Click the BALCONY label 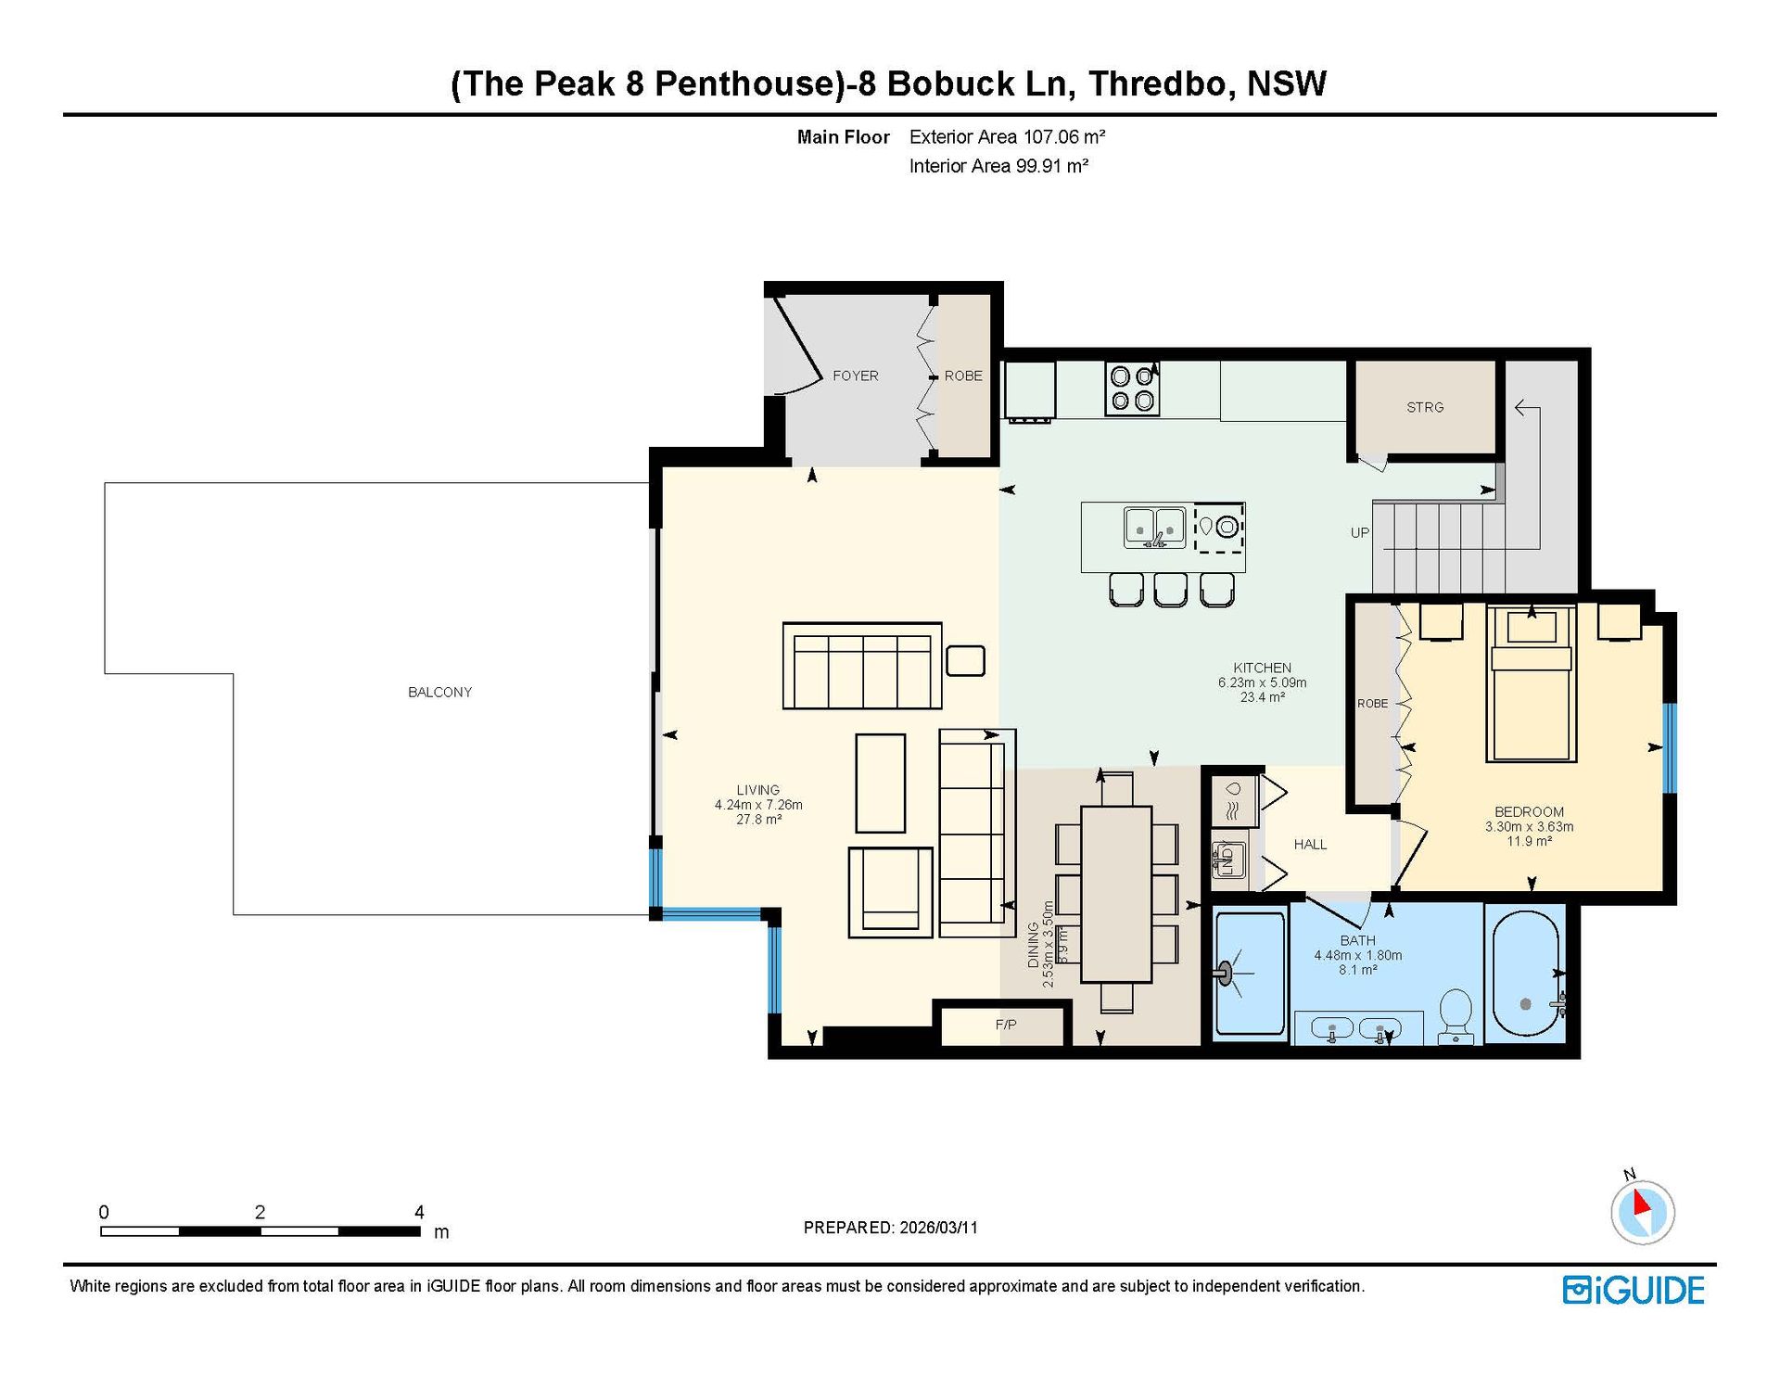pos(439,692)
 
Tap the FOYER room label pos(855,376)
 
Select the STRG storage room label pos(1425,407)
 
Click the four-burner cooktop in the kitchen pos(1132,389)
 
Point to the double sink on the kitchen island pos(1154,528)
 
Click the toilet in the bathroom pos(1456,1016)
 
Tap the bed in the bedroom pos(1531,683)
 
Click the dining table pos(1116,894)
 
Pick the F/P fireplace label pos(1006,1025)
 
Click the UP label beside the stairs pos(1360,532)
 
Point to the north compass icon pos(1642,1210)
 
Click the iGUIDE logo pos(1634,1291)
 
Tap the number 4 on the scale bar pos(419,1212)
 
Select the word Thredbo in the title pos(1161,83)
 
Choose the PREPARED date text pos(890,1228)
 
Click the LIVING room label pos(758,790)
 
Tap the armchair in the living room pos(890,892)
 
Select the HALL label pos(1310,844)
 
